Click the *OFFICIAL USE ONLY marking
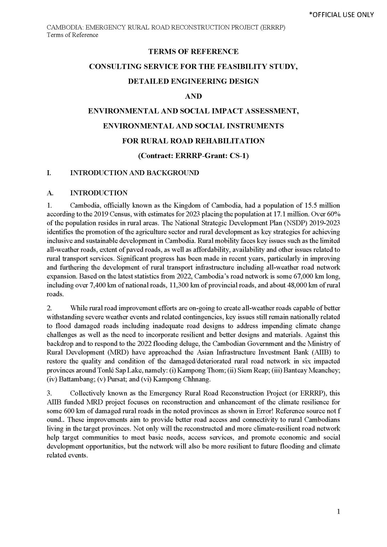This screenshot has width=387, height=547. click(x=341, y=15)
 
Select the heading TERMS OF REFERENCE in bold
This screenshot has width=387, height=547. click(x=193, y=52)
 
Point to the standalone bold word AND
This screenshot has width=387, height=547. click(x=193, y=96)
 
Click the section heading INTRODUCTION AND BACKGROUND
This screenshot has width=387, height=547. click(x=134, y=173)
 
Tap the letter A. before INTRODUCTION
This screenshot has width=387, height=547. click(x=50, y=193)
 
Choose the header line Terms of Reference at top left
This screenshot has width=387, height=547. click(x=72, y=35)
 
